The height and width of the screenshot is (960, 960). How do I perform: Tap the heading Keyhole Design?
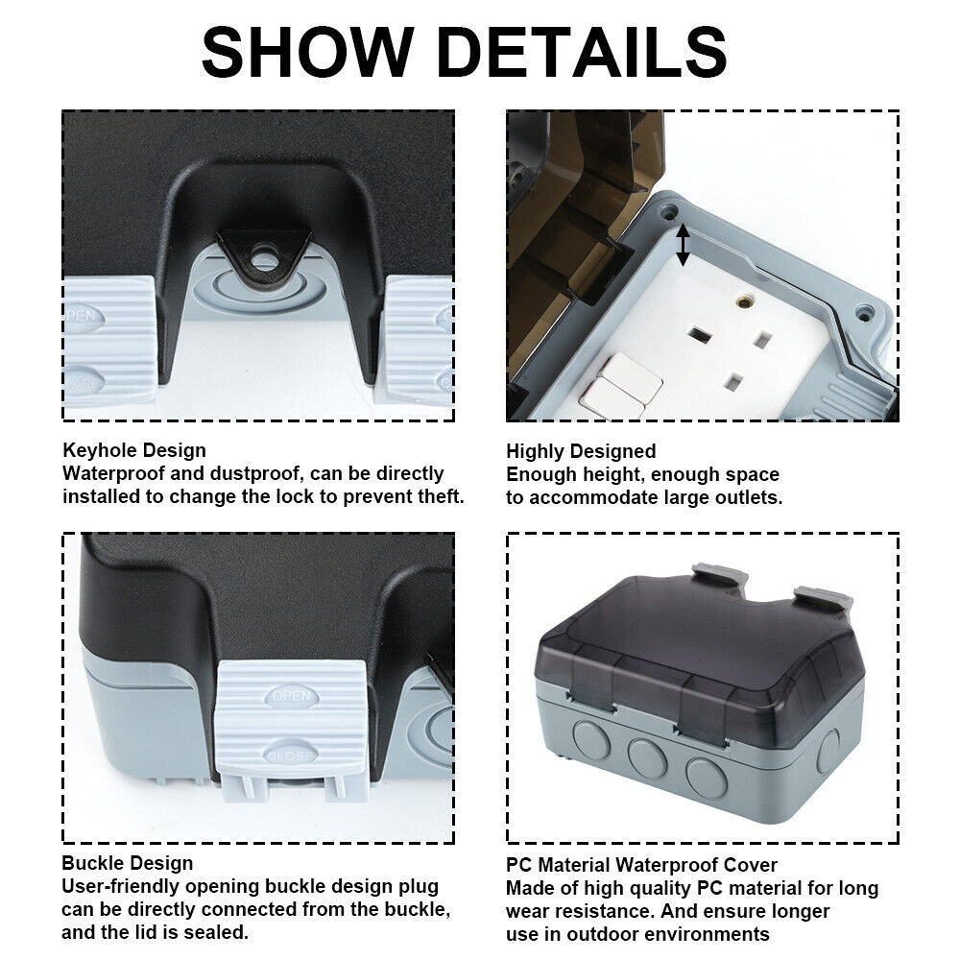click(x=134, y=450)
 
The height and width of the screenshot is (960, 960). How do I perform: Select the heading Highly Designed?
click(x=581, y=451)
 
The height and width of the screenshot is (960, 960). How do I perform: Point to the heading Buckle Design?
click(x=128, y=863)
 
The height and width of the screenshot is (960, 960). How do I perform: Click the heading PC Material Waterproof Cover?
click(x=641, y=865)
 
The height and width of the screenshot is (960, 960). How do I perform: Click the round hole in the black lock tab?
click(x=265, y=257)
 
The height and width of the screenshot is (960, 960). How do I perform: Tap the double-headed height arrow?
click(x=684, y=245)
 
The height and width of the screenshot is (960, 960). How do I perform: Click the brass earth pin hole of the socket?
click(x=745, y=301)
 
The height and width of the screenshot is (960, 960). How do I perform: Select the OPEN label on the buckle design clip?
click(x=292, y=696)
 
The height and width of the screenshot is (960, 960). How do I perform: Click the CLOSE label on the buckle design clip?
click(x=290, y=755)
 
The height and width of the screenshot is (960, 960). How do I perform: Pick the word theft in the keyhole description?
click(x=441, y=496)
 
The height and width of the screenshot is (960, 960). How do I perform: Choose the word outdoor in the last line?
click(x=601, y=934)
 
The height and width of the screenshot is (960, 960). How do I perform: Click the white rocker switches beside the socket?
click(x=621, y=386)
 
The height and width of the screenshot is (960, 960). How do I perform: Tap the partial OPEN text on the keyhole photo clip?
click(x=84, y=316)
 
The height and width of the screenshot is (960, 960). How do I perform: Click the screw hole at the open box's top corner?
click(x=668, y=212)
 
